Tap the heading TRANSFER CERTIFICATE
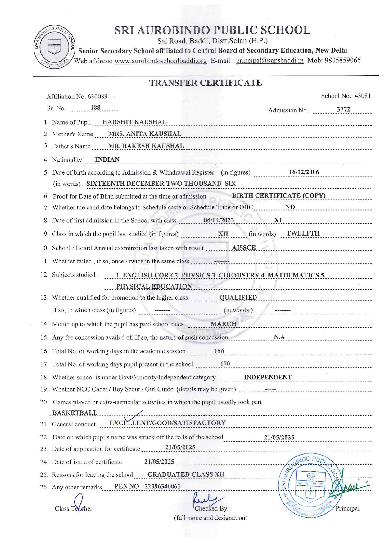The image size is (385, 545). point(206,83)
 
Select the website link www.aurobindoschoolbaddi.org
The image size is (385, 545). point(161,61)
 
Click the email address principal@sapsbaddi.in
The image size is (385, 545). point(269,61)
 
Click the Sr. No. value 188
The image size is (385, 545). point(95,108)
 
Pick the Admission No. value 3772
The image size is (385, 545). point(343,109)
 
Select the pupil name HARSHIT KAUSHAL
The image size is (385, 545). point(134,122)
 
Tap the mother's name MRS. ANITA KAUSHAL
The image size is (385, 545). point(145,134)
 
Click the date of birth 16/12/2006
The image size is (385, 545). point(304,172)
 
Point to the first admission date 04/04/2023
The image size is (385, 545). point(219,220)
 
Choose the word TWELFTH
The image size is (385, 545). point(303,233)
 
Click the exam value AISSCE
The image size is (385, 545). point(244,248)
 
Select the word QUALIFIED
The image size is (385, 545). point(238,297)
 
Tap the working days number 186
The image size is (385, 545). point(219,351)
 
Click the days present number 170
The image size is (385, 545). point(225,364)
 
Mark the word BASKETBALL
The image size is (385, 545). point(75,413)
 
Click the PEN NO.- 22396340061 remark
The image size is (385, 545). point(147,487)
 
